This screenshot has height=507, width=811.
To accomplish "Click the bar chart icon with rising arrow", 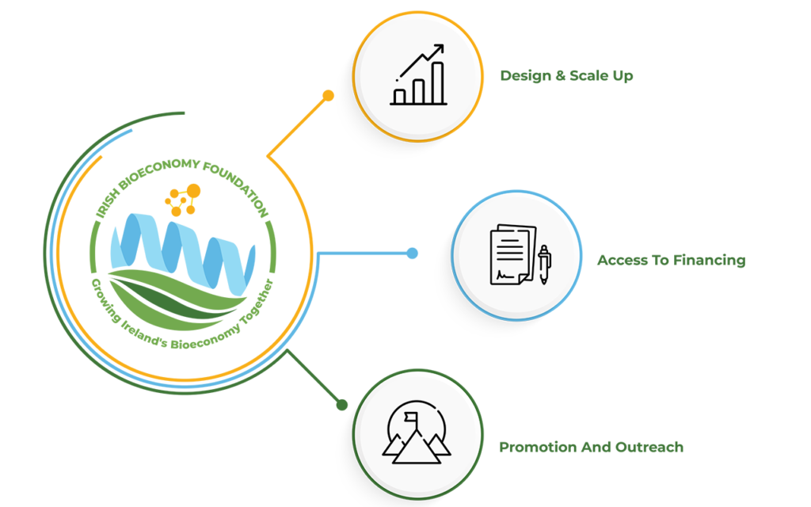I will tap(417, 76).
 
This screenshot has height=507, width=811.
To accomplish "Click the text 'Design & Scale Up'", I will tap(566, 76).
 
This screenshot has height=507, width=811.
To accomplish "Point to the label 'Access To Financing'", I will tap(671, 260).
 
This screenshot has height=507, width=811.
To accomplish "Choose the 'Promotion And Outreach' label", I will tap(591, 448).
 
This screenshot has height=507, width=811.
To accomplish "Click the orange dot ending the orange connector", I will tap(328, 95).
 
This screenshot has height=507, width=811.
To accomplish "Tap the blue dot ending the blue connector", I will tap(412, 253).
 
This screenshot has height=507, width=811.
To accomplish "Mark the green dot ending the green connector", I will tap(341, 405).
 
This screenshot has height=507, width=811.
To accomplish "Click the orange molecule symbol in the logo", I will tap(183, 200).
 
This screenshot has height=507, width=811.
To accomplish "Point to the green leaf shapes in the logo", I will tap(178, 297).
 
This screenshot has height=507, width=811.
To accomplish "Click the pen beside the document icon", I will tap(544, 264).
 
